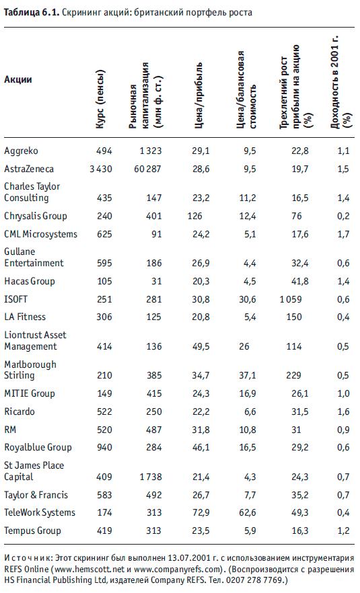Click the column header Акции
pos(17,79)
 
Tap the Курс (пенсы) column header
pos(100,100)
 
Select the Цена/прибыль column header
pos(199,95)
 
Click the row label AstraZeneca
pos(29,169)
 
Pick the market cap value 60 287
pos(147,169)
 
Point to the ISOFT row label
pos(16,299)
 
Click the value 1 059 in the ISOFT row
pos(291,299)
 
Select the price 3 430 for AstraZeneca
pos(101,169)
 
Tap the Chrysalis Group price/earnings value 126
pos(194,216)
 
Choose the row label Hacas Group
pos(30,281)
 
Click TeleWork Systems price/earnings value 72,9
pos(201,512)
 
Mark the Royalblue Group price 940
pos(104,447)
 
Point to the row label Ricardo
pos(20,411)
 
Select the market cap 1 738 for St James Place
pos(151,477)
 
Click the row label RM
pos(10,430)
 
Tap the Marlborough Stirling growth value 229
pos(294,375)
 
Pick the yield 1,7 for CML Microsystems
pos(343,234)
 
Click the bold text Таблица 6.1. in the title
pos(32,13)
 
